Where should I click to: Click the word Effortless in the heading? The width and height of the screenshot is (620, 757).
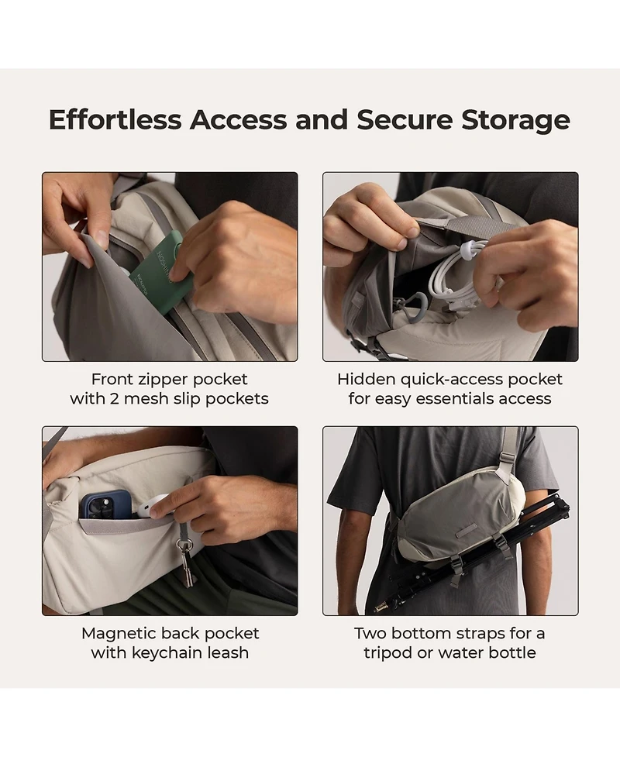[x=115, y=119]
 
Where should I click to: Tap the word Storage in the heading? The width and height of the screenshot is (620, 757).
[x=515, y=120]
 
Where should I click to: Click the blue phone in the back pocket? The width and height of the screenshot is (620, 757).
[x=105, y=505]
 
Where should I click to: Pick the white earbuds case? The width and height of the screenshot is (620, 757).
[x=148, y=511]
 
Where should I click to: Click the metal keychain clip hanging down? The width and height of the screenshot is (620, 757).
[x=186, y=563]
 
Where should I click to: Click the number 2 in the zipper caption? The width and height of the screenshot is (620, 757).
[x=114, y=399]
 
